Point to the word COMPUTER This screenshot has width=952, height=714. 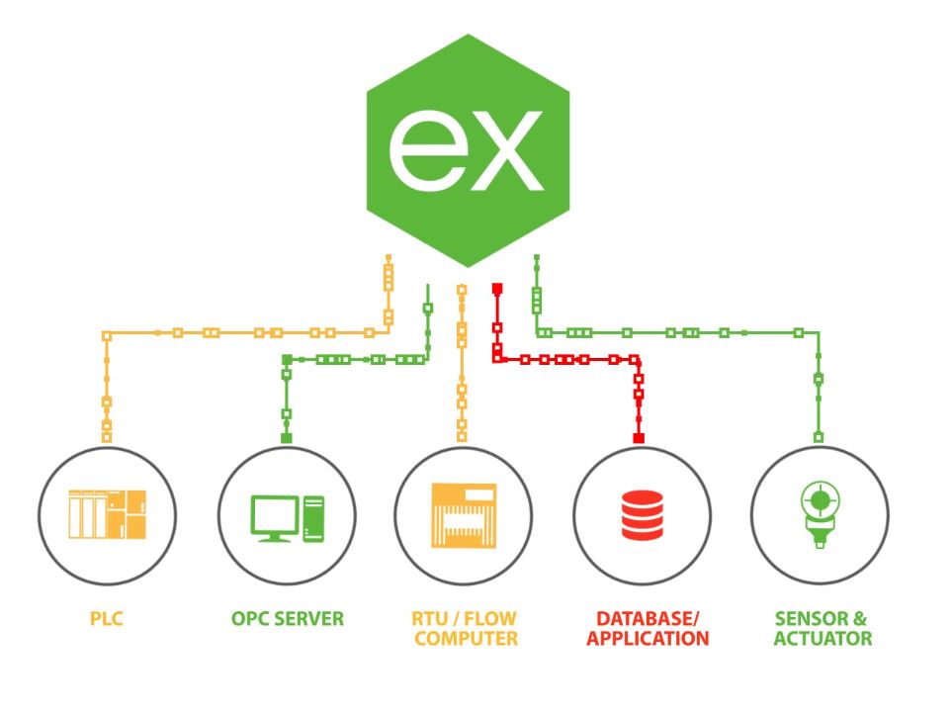[x=466, y=639]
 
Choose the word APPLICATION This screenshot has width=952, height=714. [x=647, y=639]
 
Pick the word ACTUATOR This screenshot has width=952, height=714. [x=822, y=639]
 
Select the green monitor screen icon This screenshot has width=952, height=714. [x=274, y=514]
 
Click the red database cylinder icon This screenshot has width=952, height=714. [x=640, y=514]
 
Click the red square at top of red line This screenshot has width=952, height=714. [x=498, y=288]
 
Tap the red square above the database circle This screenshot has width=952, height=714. [x=639, y=437]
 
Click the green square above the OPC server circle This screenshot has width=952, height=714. [x=286, y=437]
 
